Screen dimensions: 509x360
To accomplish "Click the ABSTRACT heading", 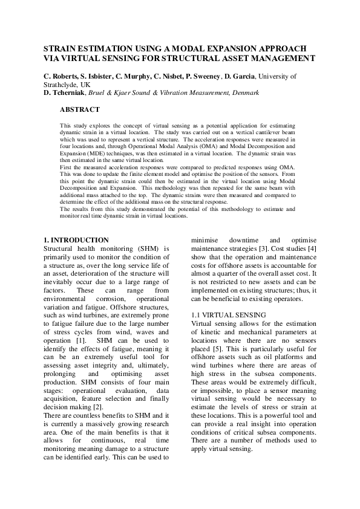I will [x=80, y=110].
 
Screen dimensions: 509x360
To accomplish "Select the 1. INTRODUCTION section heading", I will [x=77, y=240].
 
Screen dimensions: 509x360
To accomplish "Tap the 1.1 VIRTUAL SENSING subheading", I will [x=227, y=315].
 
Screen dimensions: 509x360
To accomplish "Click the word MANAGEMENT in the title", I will [x=283, y=59].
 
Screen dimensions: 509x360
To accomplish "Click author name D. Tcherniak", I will [x=65, y=93].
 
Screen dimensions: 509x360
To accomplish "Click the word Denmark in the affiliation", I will [x=244, y=93].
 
